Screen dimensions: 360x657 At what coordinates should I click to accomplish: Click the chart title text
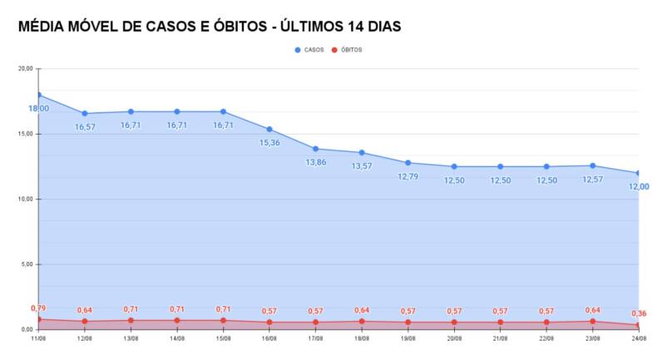point(209,27)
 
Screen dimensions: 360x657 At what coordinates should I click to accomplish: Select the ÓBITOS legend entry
point(348,50)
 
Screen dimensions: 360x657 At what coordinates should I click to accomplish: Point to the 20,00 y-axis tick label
point(26,69)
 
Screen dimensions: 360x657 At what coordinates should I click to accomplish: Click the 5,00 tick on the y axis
point(27,264)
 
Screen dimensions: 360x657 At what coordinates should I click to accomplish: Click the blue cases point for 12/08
point(85,113)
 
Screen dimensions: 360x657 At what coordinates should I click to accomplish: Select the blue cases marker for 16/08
point(269,129)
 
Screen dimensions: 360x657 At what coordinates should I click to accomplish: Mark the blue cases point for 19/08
point(408,163)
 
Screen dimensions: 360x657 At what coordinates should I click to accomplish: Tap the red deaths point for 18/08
point(362,321)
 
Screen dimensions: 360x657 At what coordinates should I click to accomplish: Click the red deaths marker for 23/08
point(592,321)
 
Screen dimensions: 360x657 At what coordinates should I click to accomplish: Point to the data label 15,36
point(269,143)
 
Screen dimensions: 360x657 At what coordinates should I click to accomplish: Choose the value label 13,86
point(316,162)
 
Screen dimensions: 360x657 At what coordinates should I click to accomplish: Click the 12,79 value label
point(408,176)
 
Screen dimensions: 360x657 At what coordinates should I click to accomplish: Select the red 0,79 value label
point(38,308)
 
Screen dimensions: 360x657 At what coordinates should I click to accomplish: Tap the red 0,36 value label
point(638,313)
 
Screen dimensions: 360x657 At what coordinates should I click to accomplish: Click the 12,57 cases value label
point(592,180)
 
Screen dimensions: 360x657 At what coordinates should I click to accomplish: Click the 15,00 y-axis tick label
point(26,134)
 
